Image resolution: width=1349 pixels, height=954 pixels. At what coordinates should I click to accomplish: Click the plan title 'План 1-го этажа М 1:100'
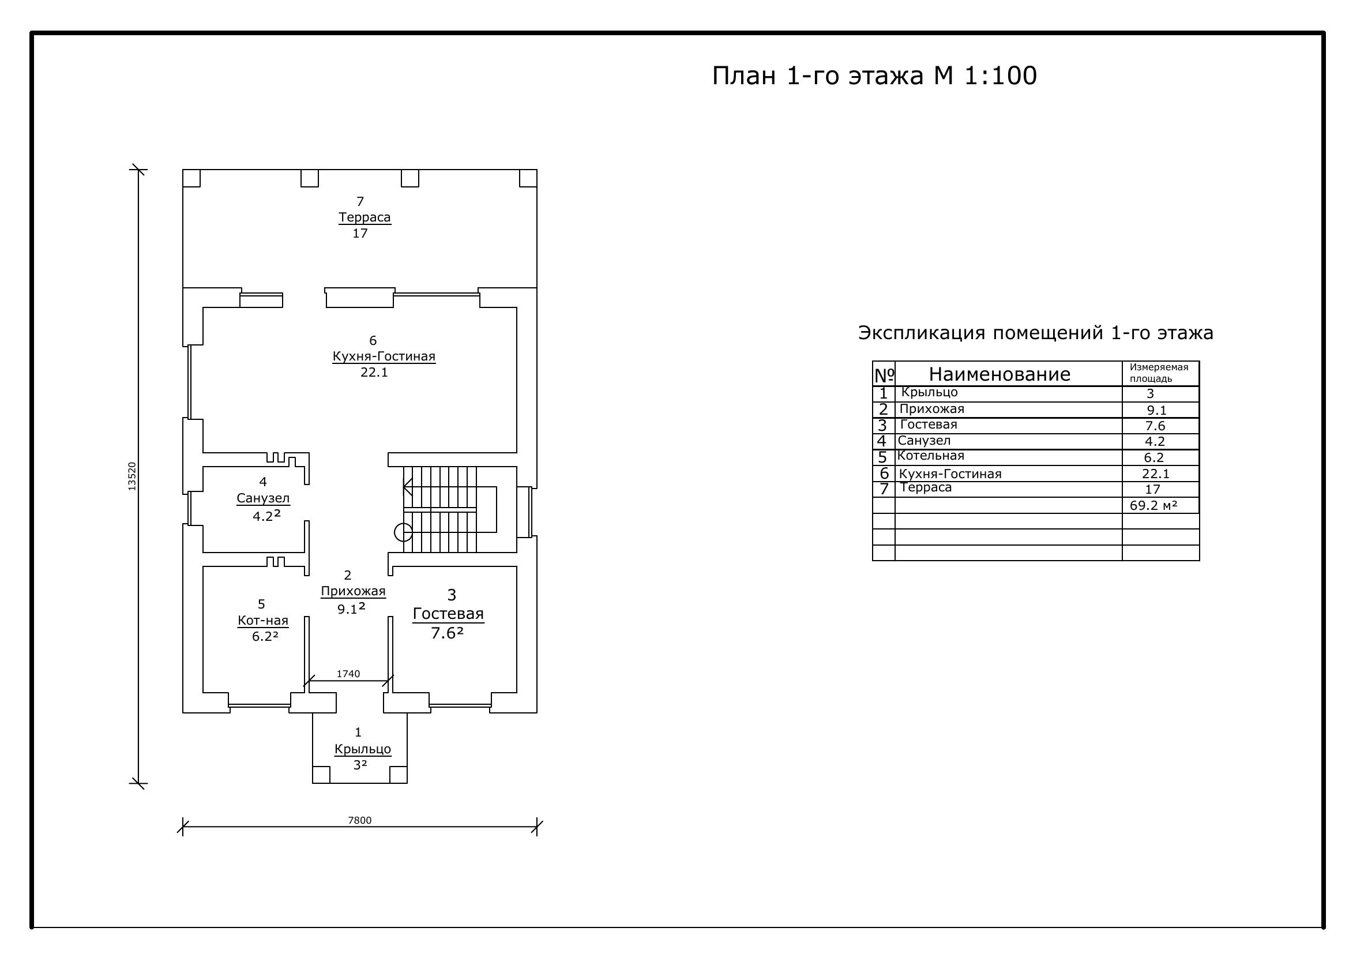[x=874, y=76]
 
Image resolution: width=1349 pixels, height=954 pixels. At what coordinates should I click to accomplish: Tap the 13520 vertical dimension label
[x=132, y=476]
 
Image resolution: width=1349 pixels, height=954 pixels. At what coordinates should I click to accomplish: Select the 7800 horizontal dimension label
[x=359, y=821]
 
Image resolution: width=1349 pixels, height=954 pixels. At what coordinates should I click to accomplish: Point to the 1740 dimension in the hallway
[x=348, y=674]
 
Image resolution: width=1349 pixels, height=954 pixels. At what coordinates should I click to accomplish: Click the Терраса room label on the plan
[x=365, y=217]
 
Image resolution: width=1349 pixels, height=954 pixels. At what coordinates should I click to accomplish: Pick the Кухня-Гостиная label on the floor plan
[x=384, y=356]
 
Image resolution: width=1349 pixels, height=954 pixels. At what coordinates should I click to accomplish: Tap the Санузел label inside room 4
[x=263, y=498]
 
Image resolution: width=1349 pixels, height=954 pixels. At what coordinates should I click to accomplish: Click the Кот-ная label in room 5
[x=263, y=621]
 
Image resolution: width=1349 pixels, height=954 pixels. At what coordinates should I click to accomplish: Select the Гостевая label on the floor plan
[x=448, y=614]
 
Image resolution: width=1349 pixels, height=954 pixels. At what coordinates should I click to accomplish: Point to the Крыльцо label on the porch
[x=363, y=750]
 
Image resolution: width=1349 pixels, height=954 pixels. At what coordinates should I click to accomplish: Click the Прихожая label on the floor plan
[x=353, y=591]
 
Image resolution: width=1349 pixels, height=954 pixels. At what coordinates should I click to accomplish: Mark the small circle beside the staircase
[x=403, y=532]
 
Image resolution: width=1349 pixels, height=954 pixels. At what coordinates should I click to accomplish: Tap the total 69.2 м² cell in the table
[x=1153, y=505]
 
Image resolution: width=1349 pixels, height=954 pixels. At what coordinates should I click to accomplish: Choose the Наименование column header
[x=999, y=374]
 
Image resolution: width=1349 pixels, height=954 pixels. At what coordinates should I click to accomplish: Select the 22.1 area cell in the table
[x=1156, y=474]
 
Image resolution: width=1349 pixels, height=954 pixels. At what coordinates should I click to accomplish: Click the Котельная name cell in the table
[x=931, y=456]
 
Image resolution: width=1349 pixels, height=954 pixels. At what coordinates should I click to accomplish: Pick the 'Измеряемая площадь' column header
[x=1159, y=373]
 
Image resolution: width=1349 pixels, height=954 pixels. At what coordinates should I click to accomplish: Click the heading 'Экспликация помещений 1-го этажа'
[x=1036, y=333]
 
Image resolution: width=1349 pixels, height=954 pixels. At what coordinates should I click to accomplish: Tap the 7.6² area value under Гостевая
[x=447, y=633]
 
